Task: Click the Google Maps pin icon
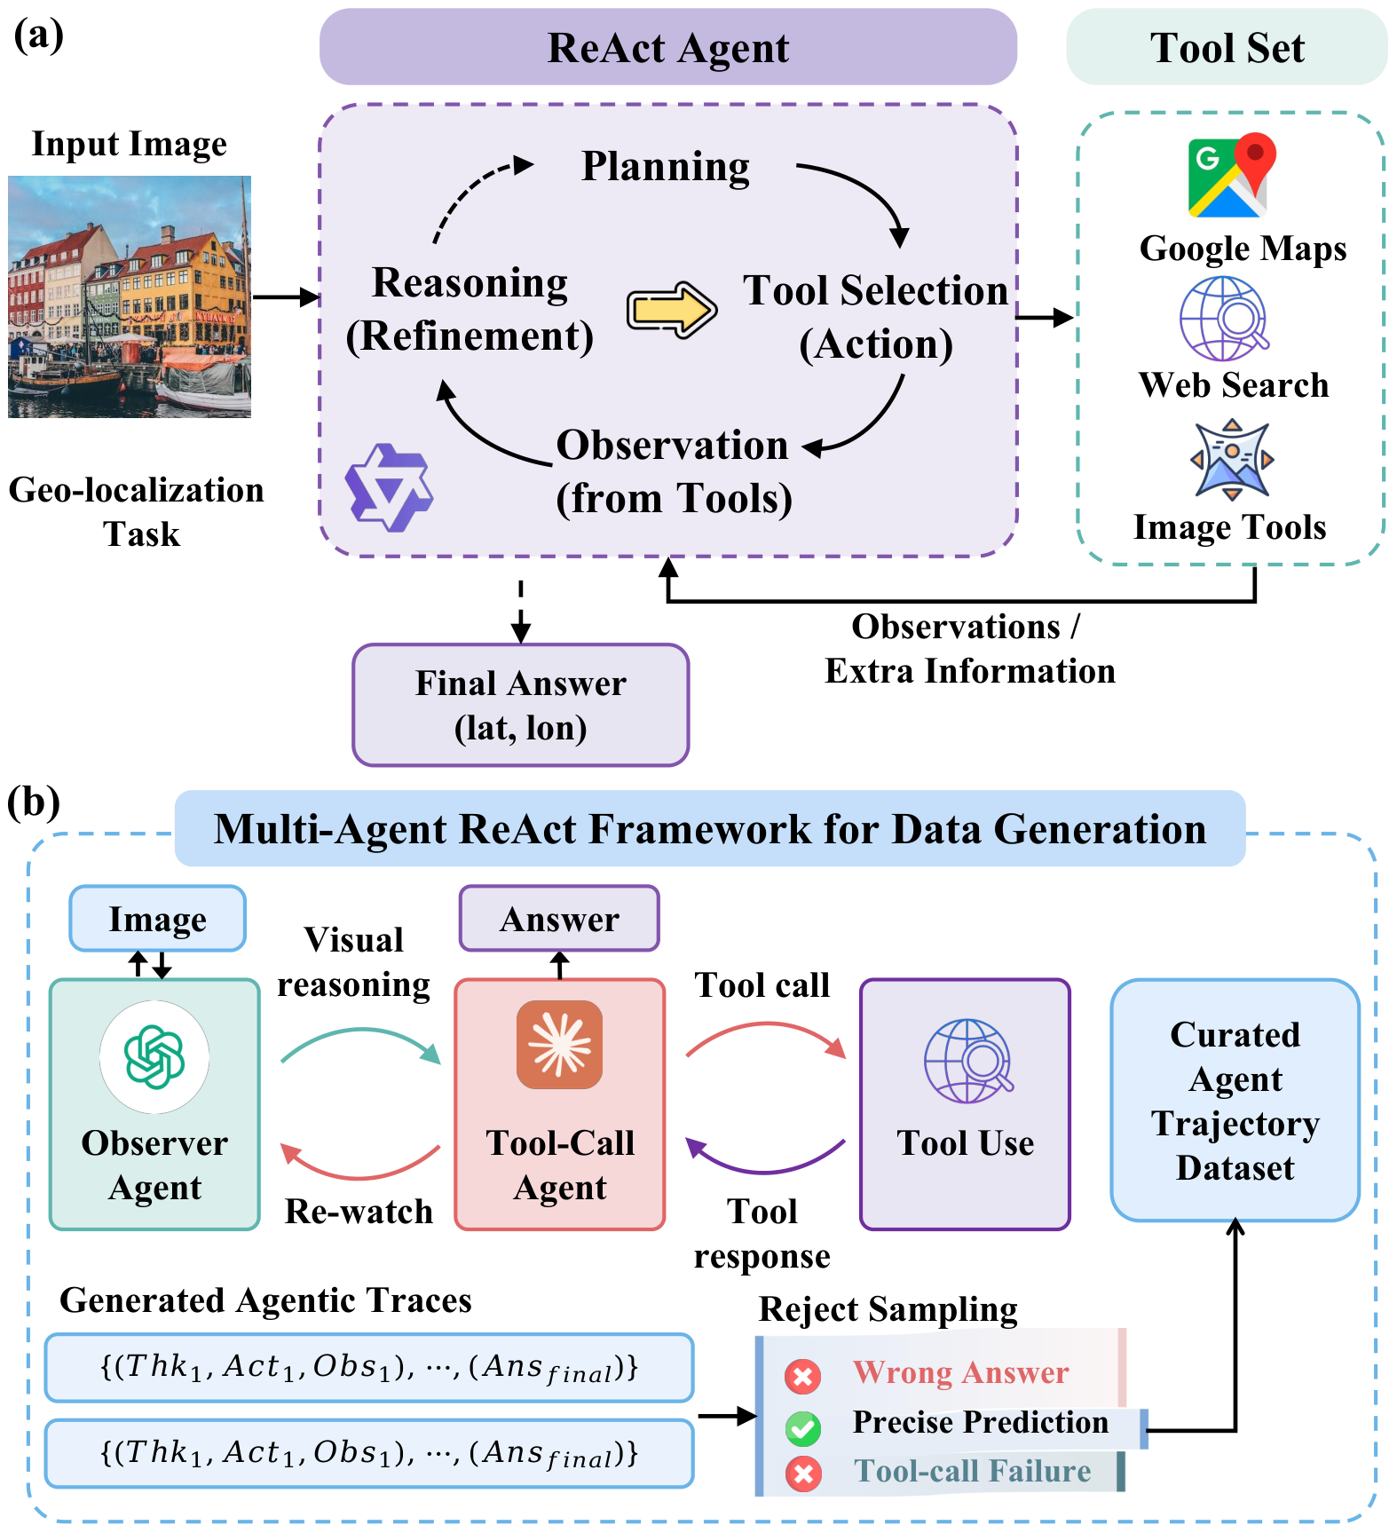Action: (1231, 177)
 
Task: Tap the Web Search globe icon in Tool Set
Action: (1224, 318)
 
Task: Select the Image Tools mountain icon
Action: (1232, 460)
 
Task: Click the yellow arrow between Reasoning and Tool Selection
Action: (672, 310)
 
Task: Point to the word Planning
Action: (665, 166)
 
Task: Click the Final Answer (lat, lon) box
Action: (520, 705)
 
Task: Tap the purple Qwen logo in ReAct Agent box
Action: (388, 487)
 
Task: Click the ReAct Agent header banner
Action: (667, 48)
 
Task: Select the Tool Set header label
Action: (1227, 48)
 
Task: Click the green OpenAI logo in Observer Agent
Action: (154, 1056)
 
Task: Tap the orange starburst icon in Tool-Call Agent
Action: (559, 1044)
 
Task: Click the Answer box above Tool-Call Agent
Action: (559, 919)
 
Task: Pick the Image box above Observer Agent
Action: (157, 919)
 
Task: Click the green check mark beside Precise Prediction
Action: (803, 1427)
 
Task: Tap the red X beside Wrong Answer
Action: (803, 1377)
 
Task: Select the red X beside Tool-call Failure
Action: (803, 1474)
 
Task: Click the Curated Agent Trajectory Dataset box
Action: (1235, 1101)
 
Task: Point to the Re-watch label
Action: (359, 1212)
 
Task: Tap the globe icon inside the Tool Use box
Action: (967, 1061)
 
